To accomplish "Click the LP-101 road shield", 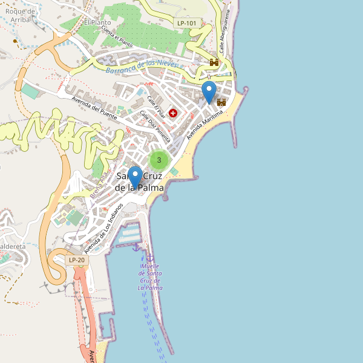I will click(x=187, y=24).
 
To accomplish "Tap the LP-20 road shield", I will click(x=77, y=260).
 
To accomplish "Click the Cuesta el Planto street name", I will click(x=117, y=37).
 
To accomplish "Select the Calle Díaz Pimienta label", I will click(x=155, y=124).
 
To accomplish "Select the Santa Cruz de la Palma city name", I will click(x=139, y=182).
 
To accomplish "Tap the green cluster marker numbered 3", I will click(x=159, y=160).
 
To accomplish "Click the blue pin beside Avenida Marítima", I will click(x=209, y=93).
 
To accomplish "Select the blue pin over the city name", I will click(x=134, y=177).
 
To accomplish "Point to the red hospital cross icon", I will click(x=173, y=113).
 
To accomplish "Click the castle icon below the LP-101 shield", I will click(x=214, y=62).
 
